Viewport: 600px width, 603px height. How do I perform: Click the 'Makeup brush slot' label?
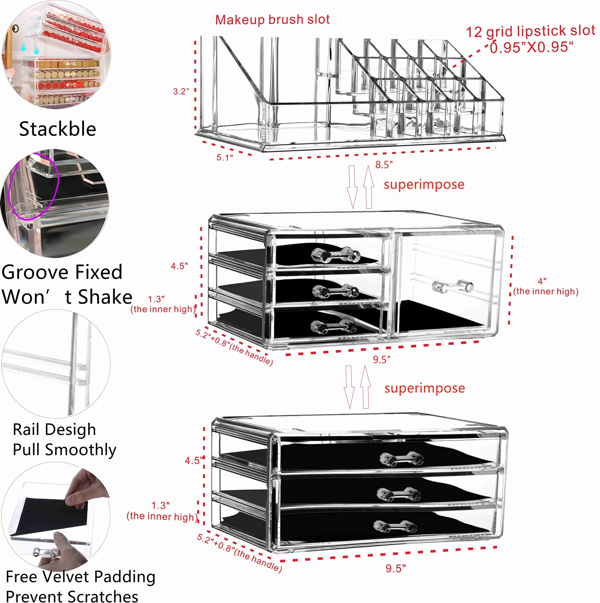pyautogui.click(x=272, y=20)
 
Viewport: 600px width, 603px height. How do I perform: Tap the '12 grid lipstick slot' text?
pyautogui.click(x=530, y=31)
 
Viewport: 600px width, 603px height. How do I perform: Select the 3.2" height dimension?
pyautogui.click(x=181, y=91)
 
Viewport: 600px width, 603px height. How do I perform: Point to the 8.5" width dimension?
pyautogui.click(x=384, y=165)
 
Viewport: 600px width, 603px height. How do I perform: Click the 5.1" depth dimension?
pyautogui.click(x=225, y=157)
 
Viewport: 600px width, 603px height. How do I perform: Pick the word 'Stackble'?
pyautogui.click(x=57, y=129)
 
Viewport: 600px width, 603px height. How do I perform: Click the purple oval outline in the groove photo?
pyautogui.click(x=12, y=194)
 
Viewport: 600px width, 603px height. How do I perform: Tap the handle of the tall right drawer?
pyautogui.click(x=452, y=286)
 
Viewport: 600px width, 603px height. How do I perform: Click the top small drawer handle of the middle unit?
pyautogui.click(x=335, y=255)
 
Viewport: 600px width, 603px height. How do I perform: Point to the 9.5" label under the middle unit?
pyautogui.click(x=381, y=360)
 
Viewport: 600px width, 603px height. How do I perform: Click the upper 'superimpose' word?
pyautogui.click(x=424, y=185)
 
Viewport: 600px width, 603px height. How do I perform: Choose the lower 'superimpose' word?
pyautogui.click(x=425, y=388)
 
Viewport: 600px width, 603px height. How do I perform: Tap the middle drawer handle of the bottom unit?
pyautogui.click(x=398, y=494)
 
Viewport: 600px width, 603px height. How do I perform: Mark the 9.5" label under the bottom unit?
pyautogui.click(x=396, y=568)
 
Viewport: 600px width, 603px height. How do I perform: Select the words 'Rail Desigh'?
pyautogui.click(x=54, y=429)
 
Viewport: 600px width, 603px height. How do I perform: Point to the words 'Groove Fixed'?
pyautogui.click(x=62, y=272)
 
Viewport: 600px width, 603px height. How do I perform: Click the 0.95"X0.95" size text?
pyautogui.click(x=531, y=48)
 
